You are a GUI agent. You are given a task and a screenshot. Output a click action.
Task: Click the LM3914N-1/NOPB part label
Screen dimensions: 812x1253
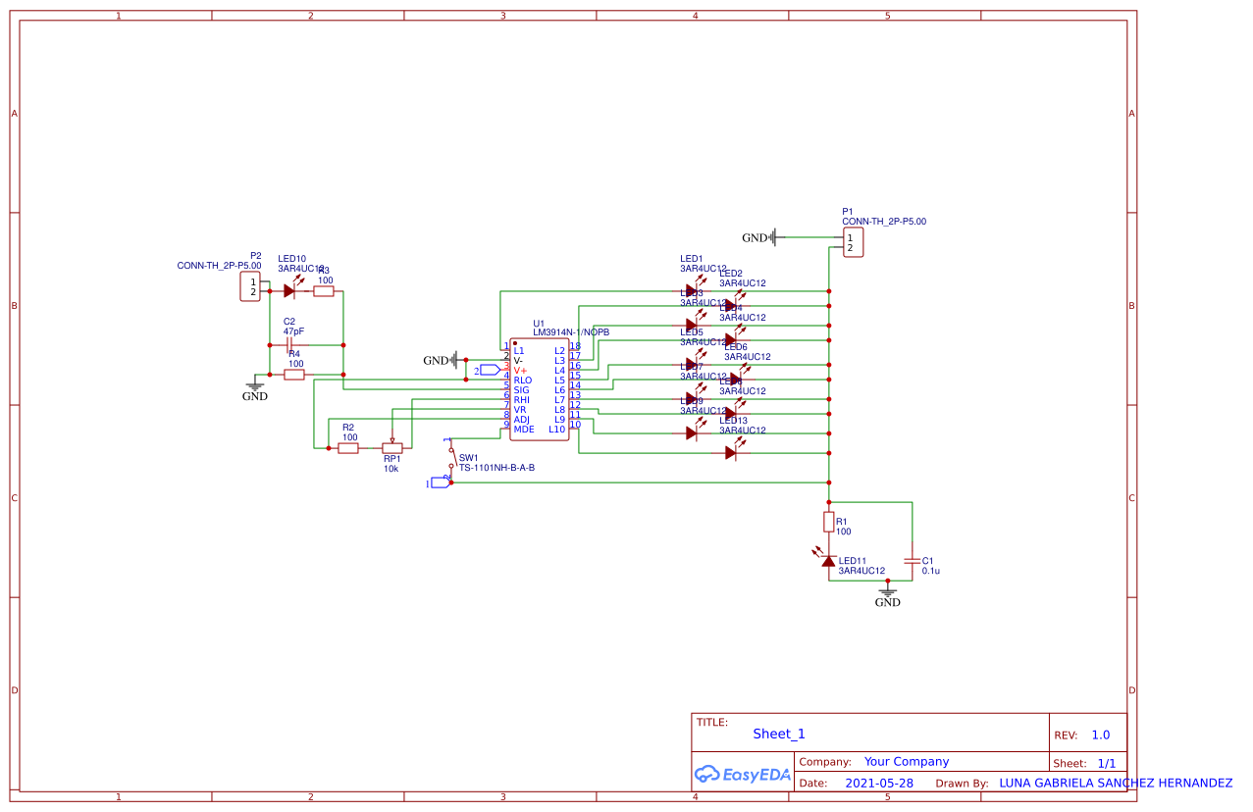click(571, 332)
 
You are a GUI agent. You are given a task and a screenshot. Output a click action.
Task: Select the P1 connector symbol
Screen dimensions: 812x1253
click(853, 242)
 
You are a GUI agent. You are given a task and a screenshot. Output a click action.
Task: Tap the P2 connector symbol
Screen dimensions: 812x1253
click(251, 287)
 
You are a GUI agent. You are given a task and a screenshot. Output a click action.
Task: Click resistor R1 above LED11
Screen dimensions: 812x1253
click(828, 521)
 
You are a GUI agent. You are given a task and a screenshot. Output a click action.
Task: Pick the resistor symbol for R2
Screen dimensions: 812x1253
click(348, 448)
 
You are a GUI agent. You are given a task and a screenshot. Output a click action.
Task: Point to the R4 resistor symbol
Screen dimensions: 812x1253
click(293, 375)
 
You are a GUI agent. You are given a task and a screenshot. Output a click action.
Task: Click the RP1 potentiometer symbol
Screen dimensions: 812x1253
click(392, 448)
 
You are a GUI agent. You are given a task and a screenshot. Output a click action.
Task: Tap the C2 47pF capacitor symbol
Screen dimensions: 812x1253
click(289, 345)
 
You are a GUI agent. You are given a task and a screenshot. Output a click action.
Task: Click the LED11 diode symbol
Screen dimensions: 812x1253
click(828, 560)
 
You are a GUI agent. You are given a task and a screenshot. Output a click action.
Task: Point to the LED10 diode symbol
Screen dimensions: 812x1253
click(290, 290)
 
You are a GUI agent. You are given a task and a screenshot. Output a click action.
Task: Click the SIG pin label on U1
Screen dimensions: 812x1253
click(521, 390)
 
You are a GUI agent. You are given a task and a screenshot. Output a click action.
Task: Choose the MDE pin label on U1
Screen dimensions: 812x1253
click(524, 430)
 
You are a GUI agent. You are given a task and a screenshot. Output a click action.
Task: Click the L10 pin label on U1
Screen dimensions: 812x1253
click(556, 430)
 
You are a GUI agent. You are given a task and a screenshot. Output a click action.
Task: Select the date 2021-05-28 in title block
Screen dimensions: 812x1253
click(878, 784)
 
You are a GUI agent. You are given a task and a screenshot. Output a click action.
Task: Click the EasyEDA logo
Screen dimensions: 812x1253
click(742, 774)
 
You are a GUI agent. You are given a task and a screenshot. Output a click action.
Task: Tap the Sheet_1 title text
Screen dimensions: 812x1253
click(779, 734)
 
